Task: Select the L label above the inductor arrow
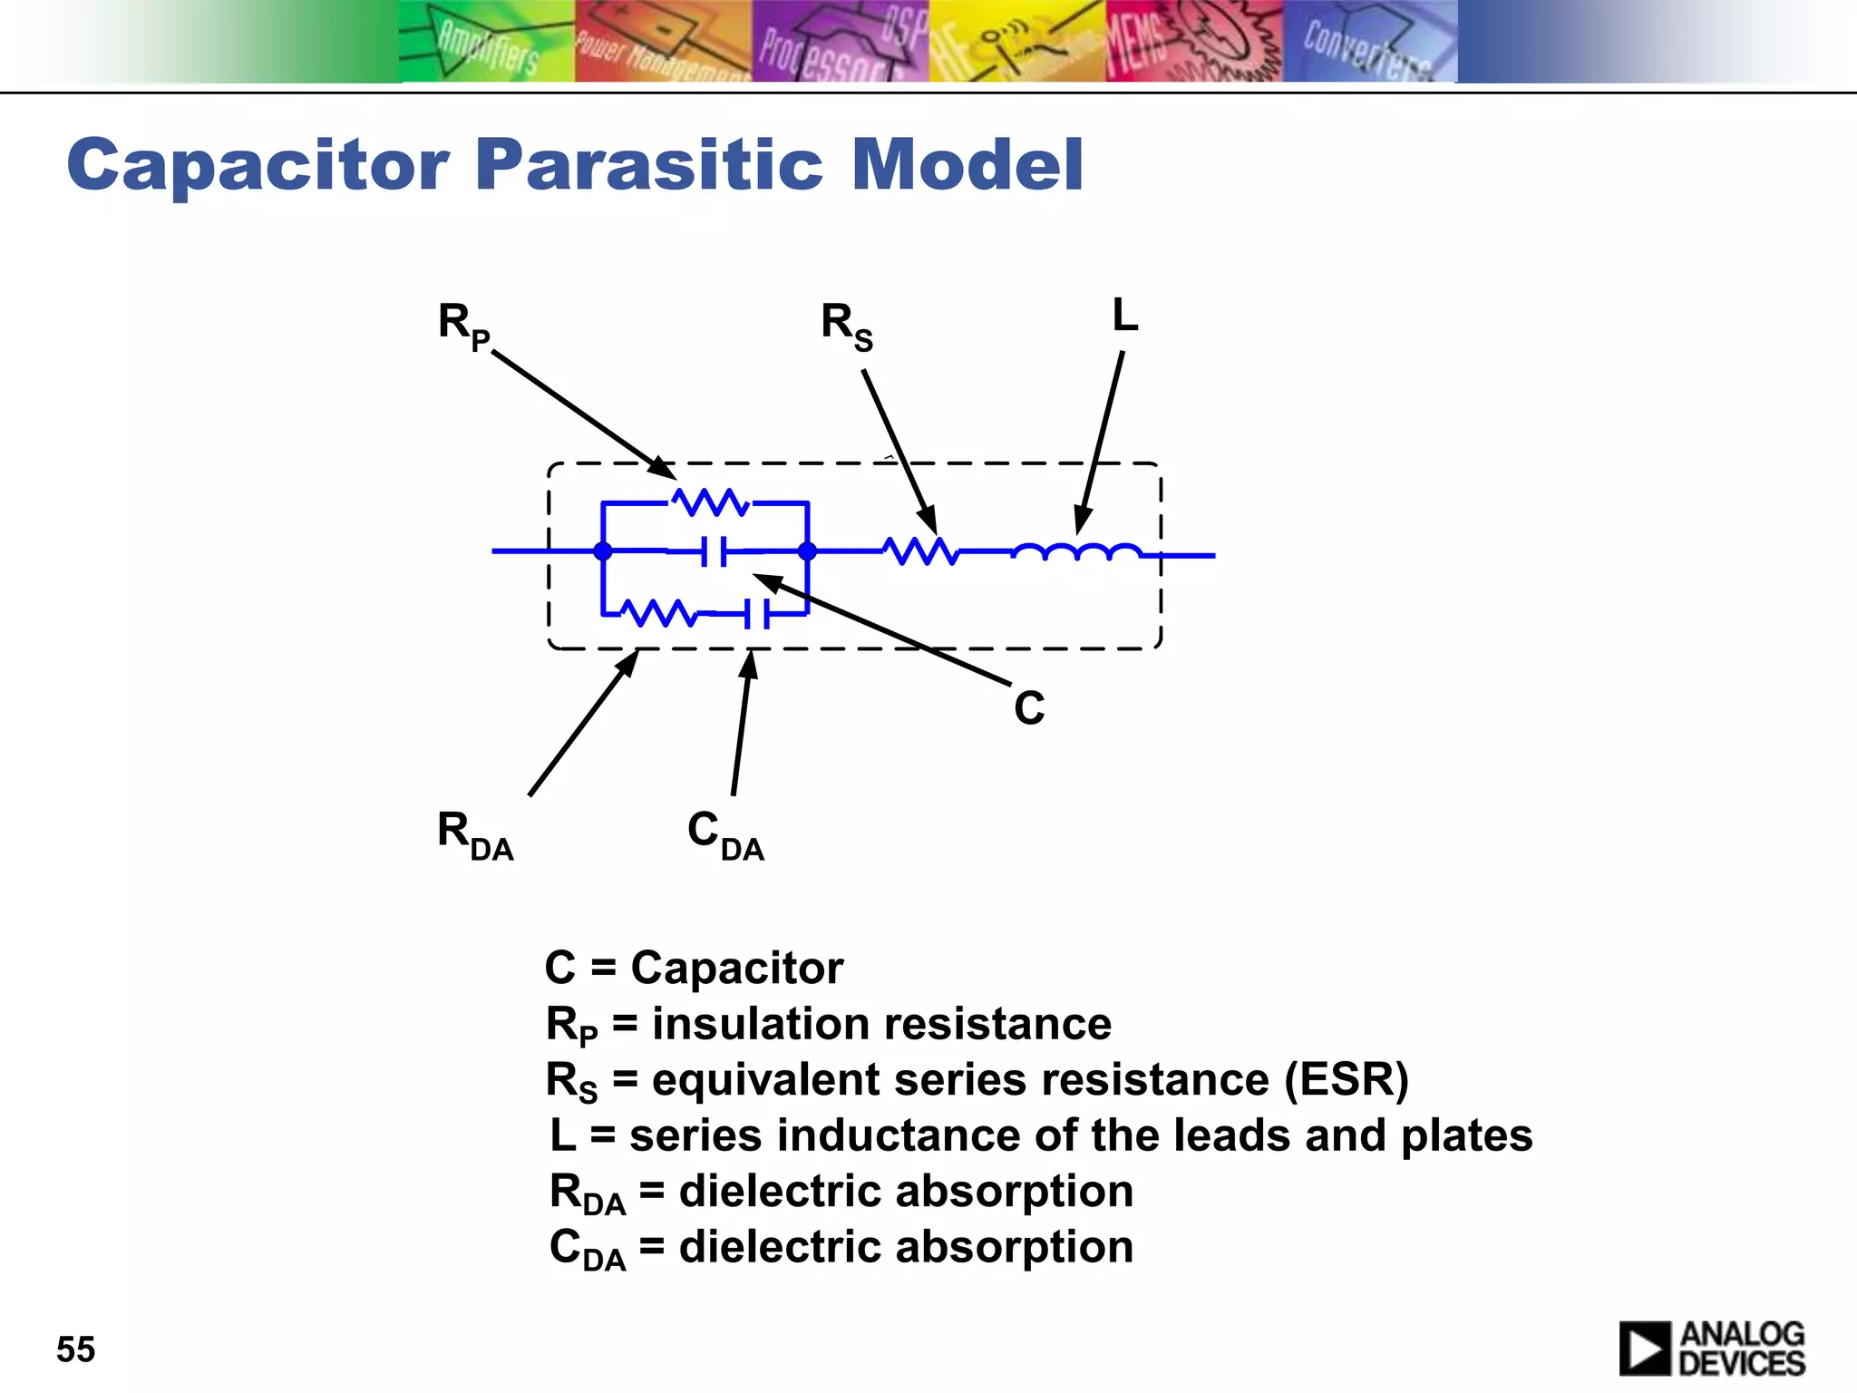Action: [x=1124, y=316]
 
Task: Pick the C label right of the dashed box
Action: [x=1029, y=707]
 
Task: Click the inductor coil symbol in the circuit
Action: [x=1076, y=551]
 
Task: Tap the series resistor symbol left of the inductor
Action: [x=920, y=550]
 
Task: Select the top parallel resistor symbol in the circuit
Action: [x=710, y=502]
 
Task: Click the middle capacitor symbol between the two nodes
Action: [x=714, y=550]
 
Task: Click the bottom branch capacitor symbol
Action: [x=756, y=614]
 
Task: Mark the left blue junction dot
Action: [x=603, y=550]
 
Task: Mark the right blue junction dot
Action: [x=807, y=550]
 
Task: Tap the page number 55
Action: [x=75, y=1349]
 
